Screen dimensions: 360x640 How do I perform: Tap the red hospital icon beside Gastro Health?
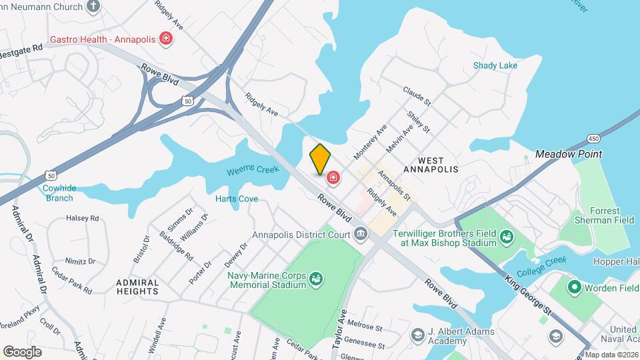(166, 39)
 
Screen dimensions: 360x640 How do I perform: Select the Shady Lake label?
(495, 65)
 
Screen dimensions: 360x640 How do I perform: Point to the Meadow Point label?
(569, 154)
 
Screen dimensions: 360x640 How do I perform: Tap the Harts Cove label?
(236, 199)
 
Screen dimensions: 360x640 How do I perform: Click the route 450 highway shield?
(593, 138)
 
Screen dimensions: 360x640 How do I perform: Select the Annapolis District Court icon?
(361, 234)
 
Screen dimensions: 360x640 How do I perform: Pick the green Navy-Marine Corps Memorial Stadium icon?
(317, 278)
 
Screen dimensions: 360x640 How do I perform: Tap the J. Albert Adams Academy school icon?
(418, 334)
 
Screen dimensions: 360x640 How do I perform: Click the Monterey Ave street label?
(371, 141)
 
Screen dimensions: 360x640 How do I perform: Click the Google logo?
(23, 351)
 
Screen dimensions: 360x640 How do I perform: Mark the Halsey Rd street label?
(82, 218)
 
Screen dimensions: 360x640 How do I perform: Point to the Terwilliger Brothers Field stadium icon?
(507, 236)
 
